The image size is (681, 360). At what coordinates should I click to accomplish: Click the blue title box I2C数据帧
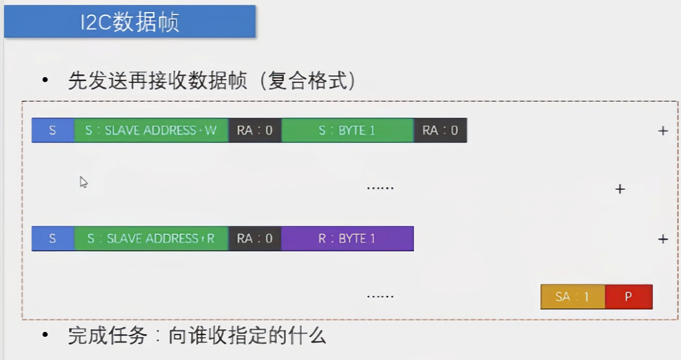coord(129,21)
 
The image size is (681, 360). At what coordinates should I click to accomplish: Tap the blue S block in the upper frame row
coord(53,130)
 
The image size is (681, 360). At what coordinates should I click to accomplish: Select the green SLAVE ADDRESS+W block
coord(151,130)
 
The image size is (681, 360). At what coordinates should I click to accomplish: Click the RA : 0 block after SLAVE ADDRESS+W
coord(255,130)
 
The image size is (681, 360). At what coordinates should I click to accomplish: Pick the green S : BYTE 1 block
coord(347,130)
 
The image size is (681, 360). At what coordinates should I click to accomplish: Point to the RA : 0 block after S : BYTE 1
coord(440,130)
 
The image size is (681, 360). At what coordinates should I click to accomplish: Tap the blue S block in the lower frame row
coord(53,238)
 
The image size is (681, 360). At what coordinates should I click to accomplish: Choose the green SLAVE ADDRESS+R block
coord(151,238)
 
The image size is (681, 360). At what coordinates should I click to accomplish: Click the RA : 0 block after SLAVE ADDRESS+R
coord(255,238)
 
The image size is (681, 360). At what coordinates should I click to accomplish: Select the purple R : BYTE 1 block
coord(347,238)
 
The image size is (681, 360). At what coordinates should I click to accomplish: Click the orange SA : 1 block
coord(572,297)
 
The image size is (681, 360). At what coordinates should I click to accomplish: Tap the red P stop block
coord(628,297)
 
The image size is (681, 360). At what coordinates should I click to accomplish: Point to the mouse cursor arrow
coord(83,182)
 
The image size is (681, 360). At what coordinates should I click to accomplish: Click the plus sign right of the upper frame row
coord(663,131)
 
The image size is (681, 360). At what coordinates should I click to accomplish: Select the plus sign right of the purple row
coord(663,239)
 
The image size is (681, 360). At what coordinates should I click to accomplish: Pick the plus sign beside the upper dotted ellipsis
coord(620,189)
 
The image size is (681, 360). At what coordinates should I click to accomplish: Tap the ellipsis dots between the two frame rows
coord(380,188)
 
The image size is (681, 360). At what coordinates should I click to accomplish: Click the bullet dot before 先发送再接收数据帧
coord(45,80)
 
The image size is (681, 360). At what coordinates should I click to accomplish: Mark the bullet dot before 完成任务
coord(45,335)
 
